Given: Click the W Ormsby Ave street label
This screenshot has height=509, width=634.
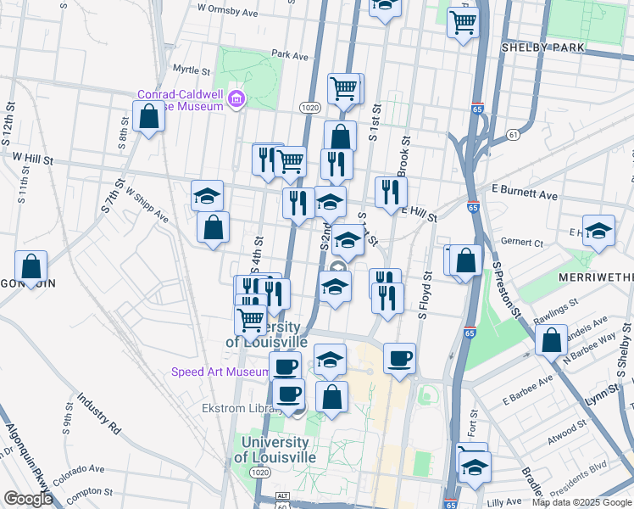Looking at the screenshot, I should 227,13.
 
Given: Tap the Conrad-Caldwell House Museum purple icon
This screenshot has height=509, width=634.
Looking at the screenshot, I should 236,101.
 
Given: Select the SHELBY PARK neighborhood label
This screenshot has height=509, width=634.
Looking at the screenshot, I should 542,48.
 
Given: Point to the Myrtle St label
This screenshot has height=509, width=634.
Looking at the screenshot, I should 191,70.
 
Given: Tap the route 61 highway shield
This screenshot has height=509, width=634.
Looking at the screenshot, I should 513,135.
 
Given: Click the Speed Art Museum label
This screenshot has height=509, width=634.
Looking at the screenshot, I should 220,372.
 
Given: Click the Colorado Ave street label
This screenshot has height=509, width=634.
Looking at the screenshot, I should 78,468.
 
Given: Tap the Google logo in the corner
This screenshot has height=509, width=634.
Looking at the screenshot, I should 28,499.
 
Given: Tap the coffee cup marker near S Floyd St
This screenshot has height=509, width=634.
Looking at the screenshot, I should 399,357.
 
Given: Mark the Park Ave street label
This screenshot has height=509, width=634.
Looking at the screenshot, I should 290,55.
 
